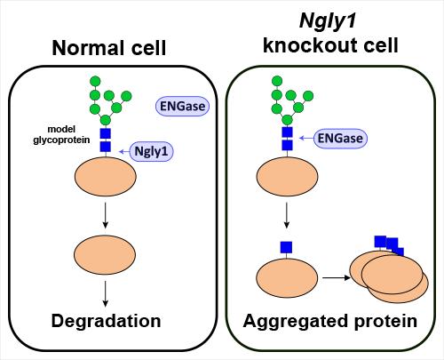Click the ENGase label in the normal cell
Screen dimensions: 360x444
181,106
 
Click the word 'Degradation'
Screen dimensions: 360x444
106,320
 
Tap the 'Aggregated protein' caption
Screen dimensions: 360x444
331,320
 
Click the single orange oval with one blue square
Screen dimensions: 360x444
287,276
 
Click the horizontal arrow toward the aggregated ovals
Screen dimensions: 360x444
334,276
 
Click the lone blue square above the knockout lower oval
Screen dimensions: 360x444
287,246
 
